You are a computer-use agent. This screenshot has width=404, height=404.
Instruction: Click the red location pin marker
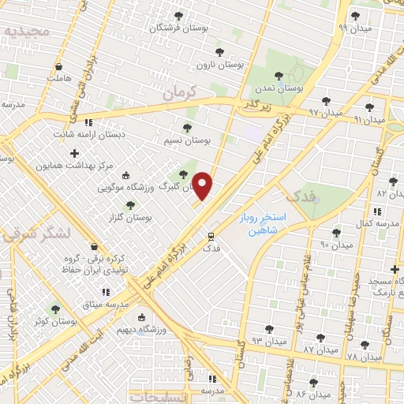click(x=204, y=185)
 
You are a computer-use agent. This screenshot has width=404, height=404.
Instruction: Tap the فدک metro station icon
click(x=211, y=236)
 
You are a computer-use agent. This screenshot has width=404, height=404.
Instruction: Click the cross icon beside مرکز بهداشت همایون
click(x=75, y=153)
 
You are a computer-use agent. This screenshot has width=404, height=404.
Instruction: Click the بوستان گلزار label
click(x=131, y=216)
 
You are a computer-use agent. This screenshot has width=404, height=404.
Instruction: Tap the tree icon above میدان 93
click(x=269, y=328)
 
